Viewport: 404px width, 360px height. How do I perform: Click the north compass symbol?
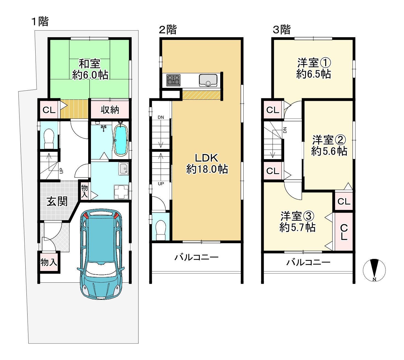374,270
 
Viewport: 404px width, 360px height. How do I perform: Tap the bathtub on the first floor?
121,140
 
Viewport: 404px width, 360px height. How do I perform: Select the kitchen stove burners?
173,80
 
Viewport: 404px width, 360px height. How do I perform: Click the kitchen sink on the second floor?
208,80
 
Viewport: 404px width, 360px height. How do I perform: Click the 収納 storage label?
110,110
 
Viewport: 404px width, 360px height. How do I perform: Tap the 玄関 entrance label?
57,201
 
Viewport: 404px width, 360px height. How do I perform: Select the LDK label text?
206,158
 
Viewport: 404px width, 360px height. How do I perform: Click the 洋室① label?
314,63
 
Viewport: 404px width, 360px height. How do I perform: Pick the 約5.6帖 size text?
329,151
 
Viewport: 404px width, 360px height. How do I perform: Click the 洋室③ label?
297,216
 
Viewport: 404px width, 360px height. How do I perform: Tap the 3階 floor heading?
281,30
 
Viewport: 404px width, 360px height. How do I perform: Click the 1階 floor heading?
40,21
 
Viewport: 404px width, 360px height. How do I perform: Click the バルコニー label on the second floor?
196,257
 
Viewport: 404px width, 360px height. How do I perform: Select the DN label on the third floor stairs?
285,130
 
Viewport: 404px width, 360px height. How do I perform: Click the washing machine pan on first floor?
121,192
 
